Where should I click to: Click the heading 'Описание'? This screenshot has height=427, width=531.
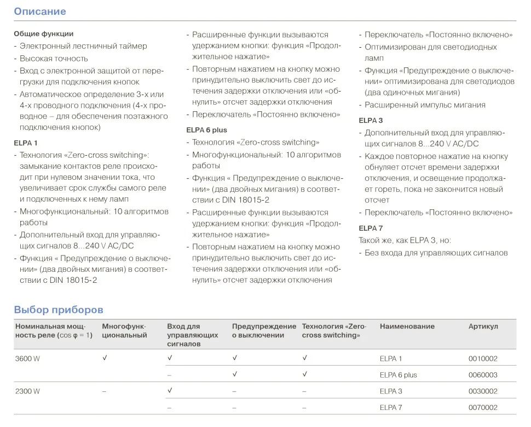coord(39,12)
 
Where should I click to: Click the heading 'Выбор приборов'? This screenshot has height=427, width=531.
coord(58,310)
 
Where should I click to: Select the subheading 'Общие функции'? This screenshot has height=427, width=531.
coord(43,34)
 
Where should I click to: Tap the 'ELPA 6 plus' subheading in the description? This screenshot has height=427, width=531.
coord(206,130)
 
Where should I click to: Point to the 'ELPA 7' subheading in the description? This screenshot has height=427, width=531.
coord(371,228)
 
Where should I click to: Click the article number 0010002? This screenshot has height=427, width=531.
coord(483,358)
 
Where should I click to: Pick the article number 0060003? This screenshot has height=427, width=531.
coord(483,375)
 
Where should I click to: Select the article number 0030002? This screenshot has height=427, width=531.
coord(483,391)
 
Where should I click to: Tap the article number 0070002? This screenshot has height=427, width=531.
coord(483,408)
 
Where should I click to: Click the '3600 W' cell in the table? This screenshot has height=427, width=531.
coord(27,358)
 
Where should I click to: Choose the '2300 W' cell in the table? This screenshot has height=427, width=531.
coord(27,391)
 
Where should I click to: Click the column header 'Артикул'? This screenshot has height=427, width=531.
coord(483,327)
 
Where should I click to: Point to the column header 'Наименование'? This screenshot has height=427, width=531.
coord(407,327)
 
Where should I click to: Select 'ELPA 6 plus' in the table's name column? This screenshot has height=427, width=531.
coord(398,375)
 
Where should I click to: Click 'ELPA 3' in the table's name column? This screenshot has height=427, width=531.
coord(391,391)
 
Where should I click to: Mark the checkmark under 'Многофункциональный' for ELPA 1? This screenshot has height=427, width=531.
coord(105,358)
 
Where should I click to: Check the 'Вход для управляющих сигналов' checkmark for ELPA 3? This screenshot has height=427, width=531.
coord(170,391)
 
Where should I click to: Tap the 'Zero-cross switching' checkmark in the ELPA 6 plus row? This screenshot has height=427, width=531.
coord(304,374)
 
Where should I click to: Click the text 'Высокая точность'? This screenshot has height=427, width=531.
coord(54,58)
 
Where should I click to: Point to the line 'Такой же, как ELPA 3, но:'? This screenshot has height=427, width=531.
coord(405,240)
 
